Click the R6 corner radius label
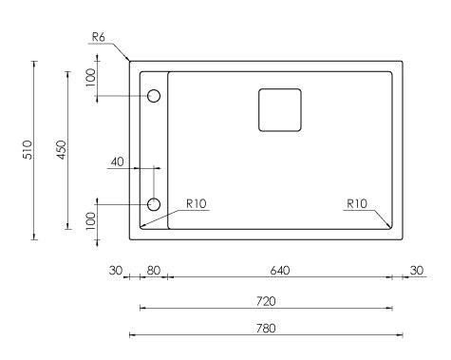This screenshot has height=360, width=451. tap(98, 37)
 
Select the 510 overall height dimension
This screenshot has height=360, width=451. tap(28, 150)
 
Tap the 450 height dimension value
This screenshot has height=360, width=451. tap(62, 150)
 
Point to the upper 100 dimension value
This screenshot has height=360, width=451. tap(90, 78)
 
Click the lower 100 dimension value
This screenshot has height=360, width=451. tap(90, 220)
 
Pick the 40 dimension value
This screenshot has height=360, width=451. tap(117, 162)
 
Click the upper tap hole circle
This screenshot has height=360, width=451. tap(154, 96)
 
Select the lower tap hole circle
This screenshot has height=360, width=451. tap(154, 204)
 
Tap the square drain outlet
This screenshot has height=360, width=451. tap(280, 110)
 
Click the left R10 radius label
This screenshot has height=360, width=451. tap(197, 203)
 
